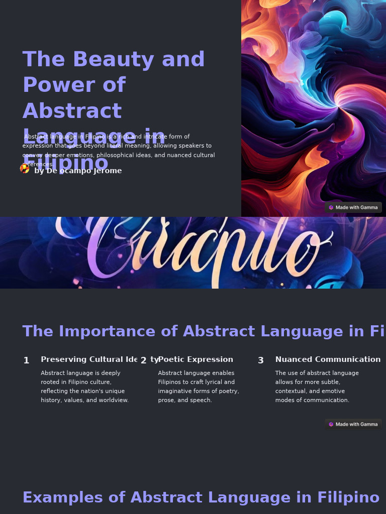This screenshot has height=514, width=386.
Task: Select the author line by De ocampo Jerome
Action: coord(78,171)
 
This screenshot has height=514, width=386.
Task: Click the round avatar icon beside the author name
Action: coord(25,169)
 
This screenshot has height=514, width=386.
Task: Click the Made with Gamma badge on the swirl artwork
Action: coord(353,207)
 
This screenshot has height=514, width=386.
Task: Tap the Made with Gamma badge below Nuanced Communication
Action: coord(353,424)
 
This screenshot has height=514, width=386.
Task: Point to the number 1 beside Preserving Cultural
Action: coord(26,360)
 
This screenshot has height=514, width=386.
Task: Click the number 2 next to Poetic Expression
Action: coord(143,360)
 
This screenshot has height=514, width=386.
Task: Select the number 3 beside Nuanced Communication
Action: coord(260,360)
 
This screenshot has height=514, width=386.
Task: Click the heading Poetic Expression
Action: coord(196,359)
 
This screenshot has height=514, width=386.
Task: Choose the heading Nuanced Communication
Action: coord(328,359)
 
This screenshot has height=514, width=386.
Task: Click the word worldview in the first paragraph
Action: coord(113,400)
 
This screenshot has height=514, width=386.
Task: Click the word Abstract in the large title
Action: coord(72,111)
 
